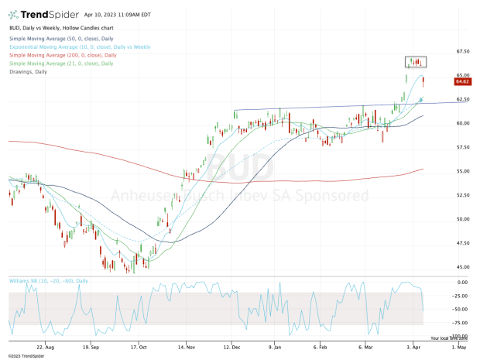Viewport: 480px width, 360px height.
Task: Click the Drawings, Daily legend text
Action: [28, 72]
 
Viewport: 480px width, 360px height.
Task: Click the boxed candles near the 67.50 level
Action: [417, 61]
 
